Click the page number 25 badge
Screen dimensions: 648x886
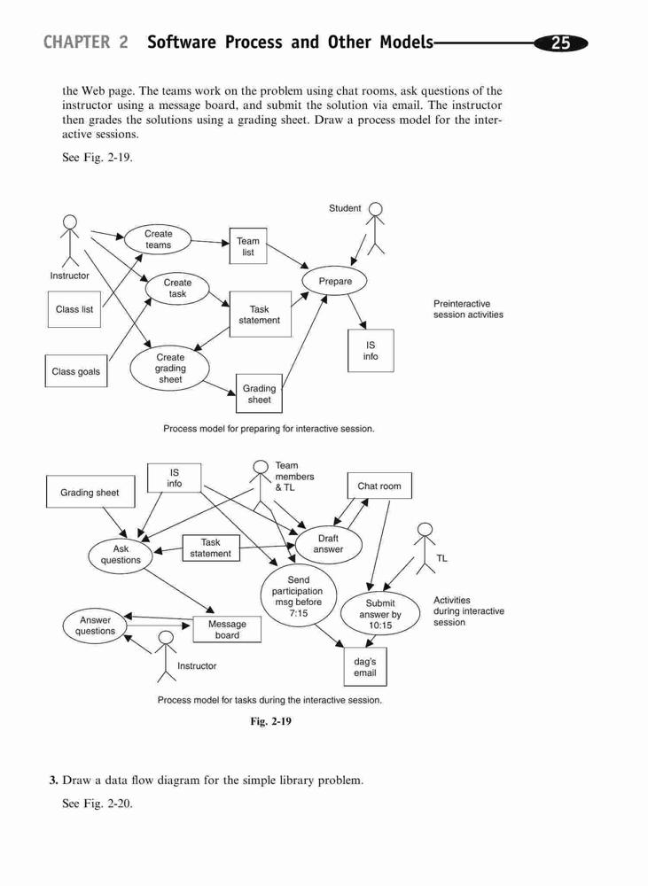(x=560, y=43)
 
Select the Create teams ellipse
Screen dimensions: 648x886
(x=158, y=239)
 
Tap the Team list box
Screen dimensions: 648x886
(x=248, y=246)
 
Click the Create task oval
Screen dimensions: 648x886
(x=177, y=288)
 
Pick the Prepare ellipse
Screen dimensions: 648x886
(x=335, y=282)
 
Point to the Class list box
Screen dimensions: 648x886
(x=74, y=309)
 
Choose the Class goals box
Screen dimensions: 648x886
(x=75, y=371)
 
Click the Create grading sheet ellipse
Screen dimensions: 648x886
(x=170, y=369)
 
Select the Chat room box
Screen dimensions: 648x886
(x=379, y=486)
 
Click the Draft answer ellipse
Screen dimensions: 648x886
(x=328, y=544)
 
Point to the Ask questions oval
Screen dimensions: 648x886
(x=121, y=555)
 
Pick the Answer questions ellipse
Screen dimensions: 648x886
(x=95, y=626)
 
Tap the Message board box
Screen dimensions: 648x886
(x=227, y=629)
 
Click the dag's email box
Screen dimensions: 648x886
(x=365, y=667)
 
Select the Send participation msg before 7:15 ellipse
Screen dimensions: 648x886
(x=299, y=596)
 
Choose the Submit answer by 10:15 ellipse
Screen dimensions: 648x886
(x=380, y=614)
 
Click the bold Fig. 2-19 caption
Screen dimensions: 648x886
(x=271, y=721)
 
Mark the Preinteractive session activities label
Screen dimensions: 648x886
(x=468, y=309)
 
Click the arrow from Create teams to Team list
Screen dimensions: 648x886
(x=210, y=242)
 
